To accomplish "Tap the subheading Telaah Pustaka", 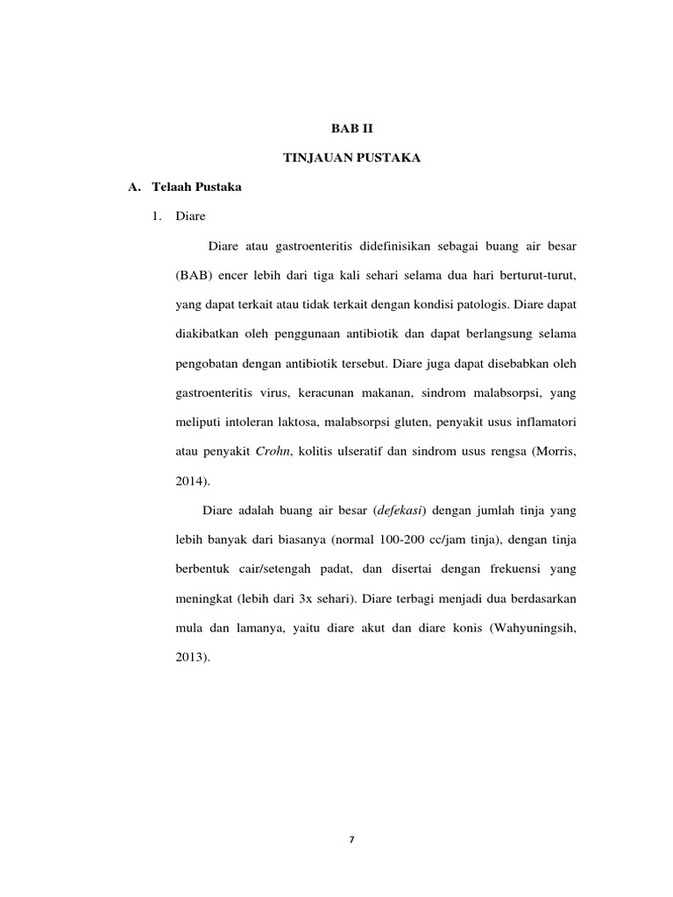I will click(x=196, y=187).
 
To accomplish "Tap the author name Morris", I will click(x=554, y=451).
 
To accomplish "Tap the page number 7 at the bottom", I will click(x=351, y=839).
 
